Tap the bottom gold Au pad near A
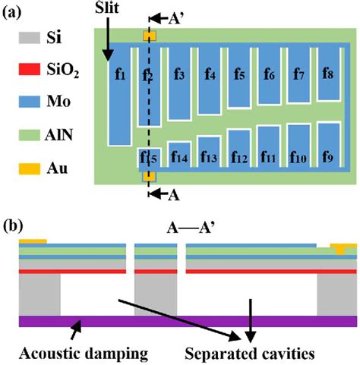(149, 176)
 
